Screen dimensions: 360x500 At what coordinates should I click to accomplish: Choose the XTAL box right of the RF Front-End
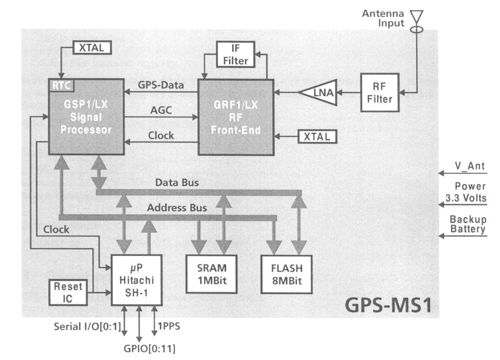click(x=315, y=136)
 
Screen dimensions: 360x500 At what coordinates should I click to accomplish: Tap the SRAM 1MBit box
click(x=214, y=273)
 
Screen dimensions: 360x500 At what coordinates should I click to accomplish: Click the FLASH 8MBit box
click(x=286, y=273)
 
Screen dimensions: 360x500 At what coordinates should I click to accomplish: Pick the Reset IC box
click(x=67, y=292)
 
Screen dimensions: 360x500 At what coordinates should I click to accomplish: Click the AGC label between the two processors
click(x=161, y=110)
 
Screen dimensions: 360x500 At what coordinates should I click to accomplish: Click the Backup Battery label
click(x=467, y=224)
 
